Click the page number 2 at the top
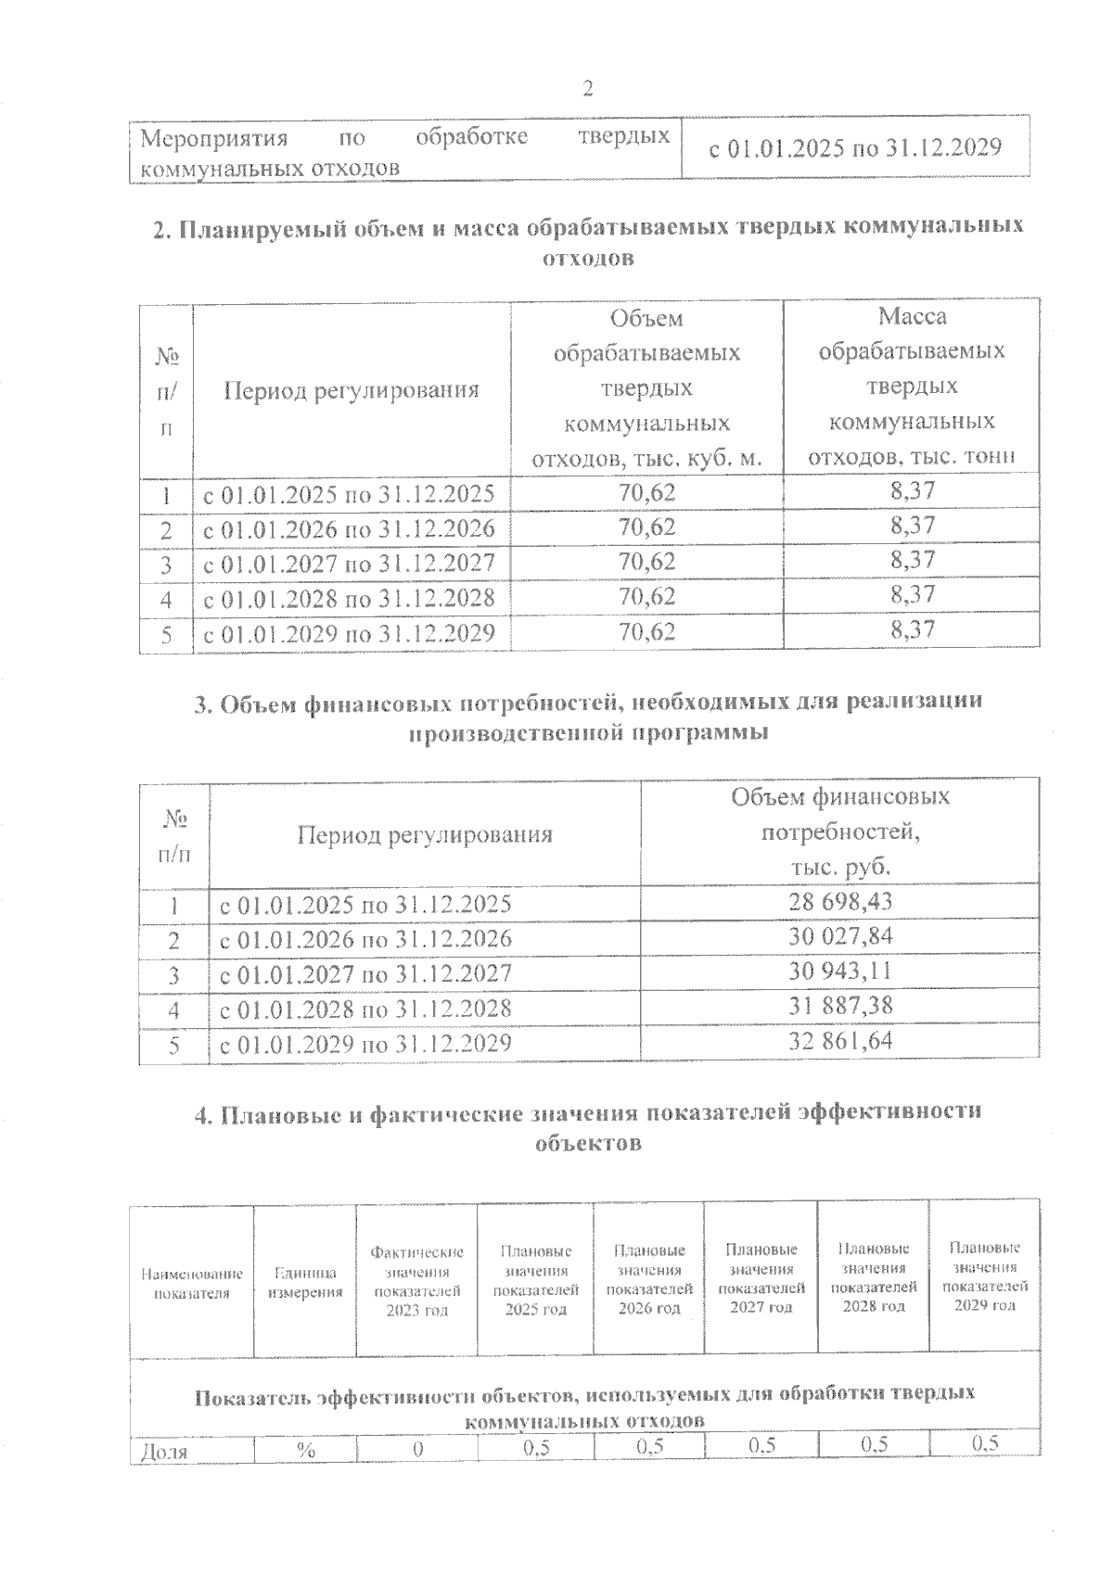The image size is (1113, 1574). (x=586, y=89)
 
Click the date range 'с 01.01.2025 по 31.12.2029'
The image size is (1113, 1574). (x=854, y=147)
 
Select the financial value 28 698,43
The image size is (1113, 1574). (x=840, y=901)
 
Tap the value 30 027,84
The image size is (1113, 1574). (x=840, y=936)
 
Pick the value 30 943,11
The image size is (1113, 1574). (x=840, y=971)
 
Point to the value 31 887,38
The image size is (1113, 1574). (x=840, y=1006)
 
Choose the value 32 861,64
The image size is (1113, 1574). (x=840, y=1041)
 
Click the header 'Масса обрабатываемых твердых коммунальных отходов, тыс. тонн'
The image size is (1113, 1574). (x=912, y=387)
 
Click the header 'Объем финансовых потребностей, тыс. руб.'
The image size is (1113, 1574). (x=840, y=831)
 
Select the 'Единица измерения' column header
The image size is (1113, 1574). (x=305, y=1283)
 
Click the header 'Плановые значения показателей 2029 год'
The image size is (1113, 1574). (x=985, y=1276)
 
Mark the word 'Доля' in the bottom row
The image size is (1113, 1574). (x=162, y=1452)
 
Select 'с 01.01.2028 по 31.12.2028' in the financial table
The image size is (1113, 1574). (x=365, y=1008)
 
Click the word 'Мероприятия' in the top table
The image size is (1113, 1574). (x=213, y=138)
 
